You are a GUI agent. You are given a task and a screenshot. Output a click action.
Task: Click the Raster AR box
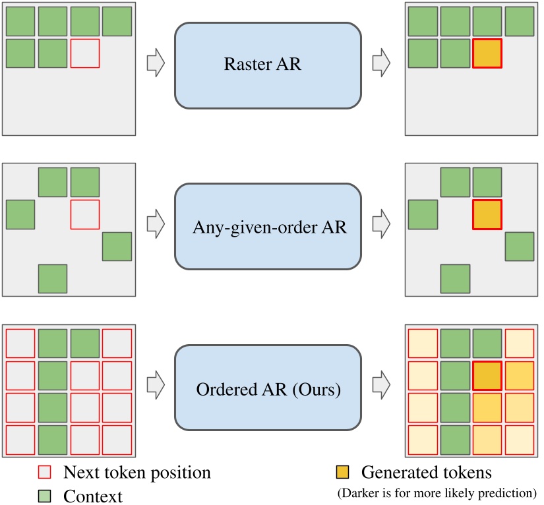point(268,65)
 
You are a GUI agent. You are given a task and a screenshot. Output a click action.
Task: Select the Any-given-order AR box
point(268,227)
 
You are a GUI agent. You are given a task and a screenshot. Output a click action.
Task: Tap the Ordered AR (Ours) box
point(268,389)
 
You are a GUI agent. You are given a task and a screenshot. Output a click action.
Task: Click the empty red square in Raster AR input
point(85,53)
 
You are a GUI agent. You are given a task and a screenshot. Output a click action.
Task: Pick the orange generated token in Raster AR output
point(487,53)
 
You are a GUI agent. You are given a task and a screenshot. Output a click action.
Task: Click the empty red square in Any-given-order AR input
point(85,215)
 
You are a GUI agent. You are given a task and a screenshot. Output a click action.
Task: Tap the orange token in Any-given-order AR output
point(487,215)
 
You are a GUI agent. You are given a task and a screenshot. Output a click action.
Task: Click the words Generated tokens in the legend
point(426,473)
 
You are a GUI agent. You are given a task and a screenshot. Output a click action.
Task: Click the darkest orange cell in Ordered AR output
point(487,376)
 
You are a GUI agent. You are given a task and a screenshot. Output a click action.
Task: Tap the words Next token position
point(137,473)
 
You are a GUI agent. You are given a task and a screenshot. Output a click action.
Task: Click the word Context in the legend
point(92,494)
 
